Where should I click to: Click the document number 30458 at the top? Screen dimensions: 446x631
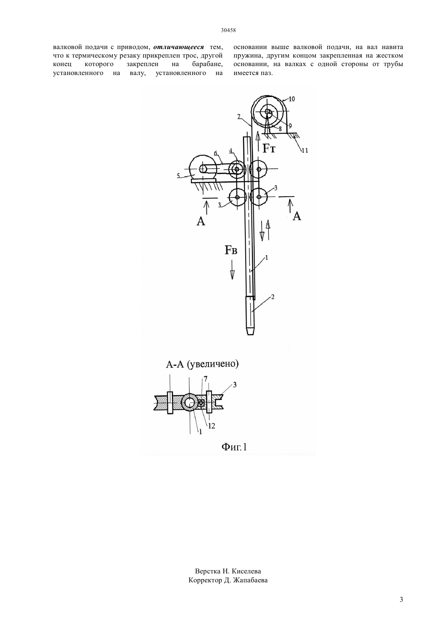click(228, 30)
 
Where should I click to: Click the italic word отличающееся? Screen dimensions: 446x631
click(178, 47)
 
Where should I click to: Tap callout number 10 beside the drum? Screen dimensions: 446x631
click(292, 99)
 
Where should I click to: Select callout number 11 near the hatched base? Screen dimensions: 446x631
click(304, 150)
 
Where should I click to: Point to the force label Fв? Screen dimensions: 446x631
click(231, 250)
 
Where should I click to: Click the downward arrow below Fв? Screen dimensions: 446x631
click(232, 270)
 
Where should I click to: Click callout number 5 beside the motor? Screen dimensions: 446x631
click(178, 176)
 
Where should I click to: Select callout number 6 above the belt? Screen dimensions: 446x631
click(216, 153)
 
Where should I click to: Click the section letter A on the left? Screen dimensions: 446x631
click(201, 221)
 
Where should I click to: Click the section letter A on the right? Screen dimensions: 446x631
click(297, 216)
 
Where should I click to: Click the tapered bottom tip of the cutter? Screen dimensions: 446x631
click(250, 331)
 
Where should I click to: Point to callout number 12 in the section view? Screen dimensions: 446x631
click(212, 426)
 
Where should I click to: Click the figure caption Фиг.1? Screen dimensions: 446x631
click(234, 447)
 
